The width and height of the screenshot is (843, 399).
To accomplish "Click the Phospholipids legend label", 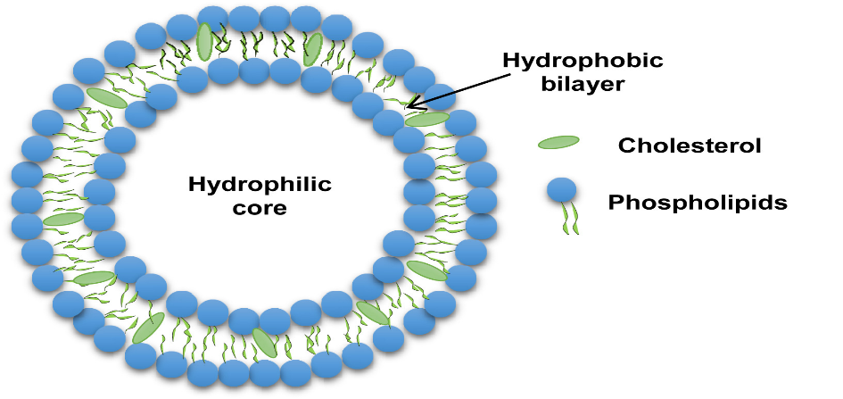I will [698, 203].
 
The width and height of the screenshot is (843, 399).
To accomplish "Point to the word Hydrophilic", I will [260, 185].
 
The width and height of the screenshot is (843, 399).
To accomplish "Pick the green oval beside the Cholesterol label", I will [558, 142].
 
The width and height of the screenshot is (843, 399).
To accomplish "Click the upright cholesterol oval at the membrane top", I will [204, 42].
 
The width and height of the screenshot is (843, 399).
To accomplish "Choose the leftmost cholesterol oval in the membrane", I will [62, 219].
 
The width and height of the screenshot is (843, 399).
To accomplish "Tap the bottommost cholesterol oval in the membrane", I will [264, 341].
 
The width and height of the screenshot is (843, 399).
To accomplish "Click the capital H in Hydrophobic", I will [509, 61].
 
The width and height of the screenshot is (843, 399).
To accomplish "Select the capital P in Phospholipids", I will [615, 203].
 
